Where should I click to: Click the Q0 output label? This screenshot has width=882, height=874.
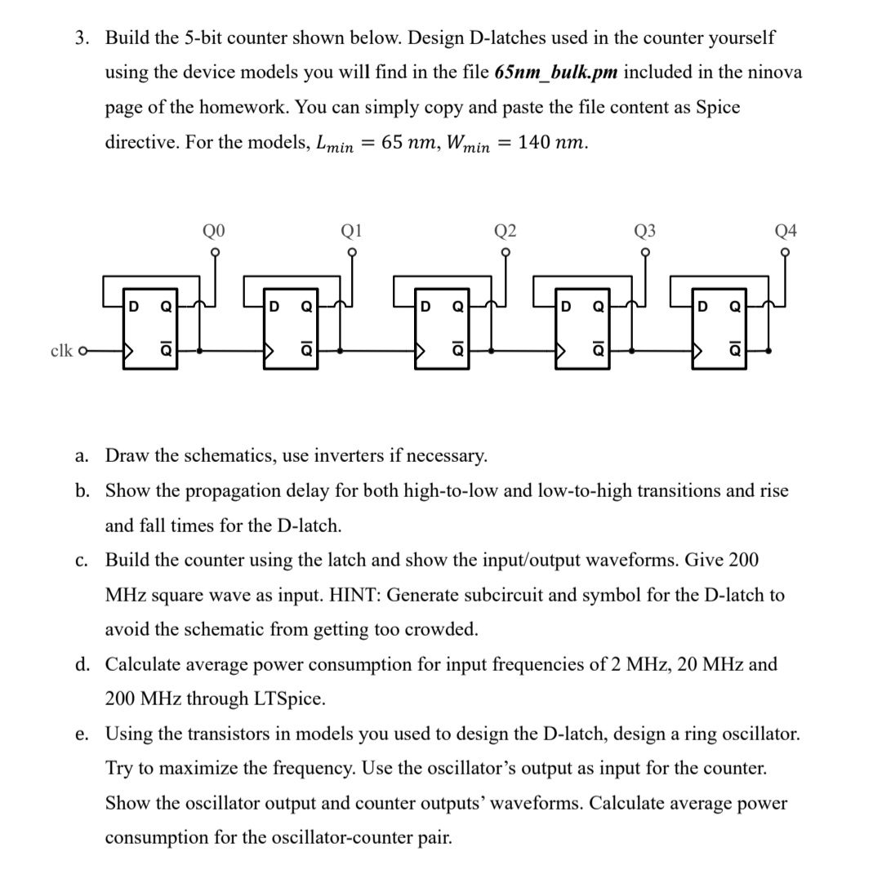coord(214,231)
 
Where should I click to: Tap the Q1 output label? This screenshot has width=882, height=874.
coord(352,231)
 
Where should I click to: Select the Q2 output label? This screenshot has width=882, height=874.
coord(506,231)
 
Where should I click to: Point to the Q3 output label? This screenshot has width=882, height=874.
coord(644,231)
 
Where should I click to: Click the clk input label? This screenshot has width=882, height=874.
coord(62,352)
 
